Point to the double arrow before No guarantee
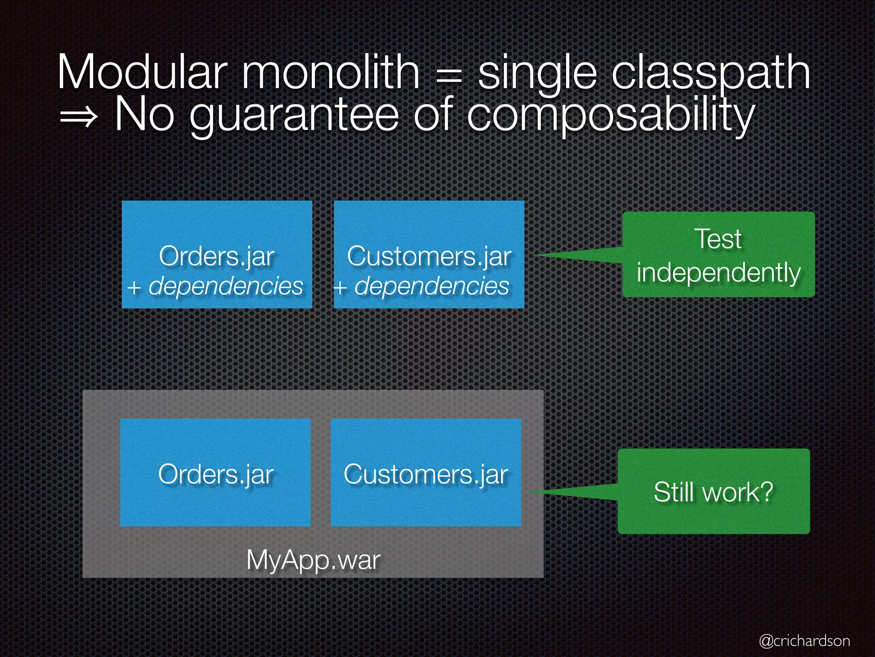point(79,116)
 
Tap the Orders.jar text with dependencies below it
point(216,257)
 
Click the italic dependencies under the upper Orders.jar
point(226,286)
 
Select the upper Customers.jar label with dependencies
point(429,257)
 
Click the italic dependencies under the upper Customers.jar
point(432,286)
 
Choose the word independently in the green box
point(719,272)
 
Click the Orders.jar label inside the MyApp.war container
point(216,474)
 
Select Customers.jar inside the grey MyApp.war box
point(426,474)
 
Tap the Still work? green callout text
point(714,492)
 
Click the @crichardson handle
point(805,641)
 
